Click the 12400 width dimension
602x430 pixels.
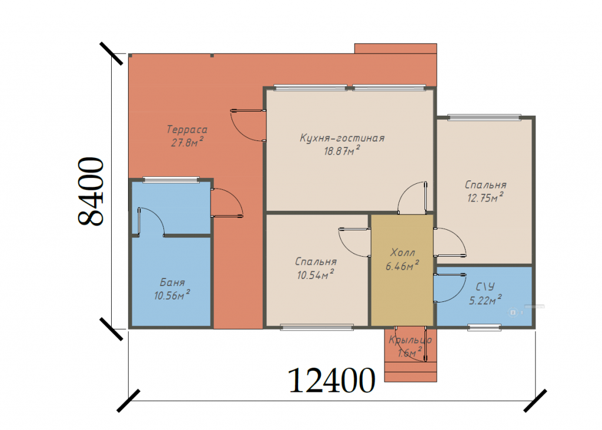331,381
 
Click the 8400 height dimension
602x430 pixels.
91,191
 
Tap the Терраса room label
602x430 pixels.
187,130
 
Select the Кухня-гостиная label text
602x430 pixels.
342,138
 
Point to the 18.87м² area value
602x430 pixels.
342,150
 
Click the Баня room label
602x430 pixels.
172,283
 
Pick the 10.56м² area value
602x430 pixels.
172,295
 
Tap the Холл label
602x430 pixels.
402,253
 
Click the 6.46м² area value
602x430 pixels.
402,266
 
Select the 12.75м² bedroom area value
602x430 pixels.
485,197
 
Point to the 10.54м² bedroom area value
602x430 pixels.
315,274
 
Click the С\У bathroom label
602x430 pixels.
485,287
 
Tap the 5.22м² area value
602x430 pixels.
485,300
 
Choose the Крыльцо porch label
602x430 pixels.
410,340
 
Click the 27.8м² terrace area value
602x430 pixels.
187,142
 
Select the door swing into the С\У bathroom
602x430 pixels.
450,288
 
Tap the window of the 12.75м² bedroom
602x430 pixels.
484,117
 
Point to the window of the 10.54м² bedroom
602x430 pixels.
317,327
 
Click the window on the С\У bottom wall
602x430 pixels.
484,327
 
